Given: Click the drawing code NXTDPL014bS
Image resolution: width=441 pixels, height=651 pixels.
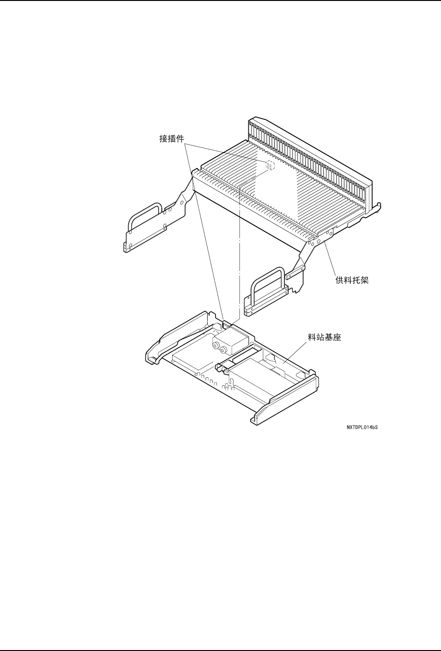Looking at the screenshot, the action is point(362,427).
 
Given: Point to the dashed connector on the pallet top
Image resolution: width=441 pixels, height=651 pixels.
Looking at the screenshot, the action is point(270,164).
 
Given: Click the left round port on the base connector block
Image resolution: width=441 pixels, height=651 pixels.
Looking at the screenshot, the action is point(217,347).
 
